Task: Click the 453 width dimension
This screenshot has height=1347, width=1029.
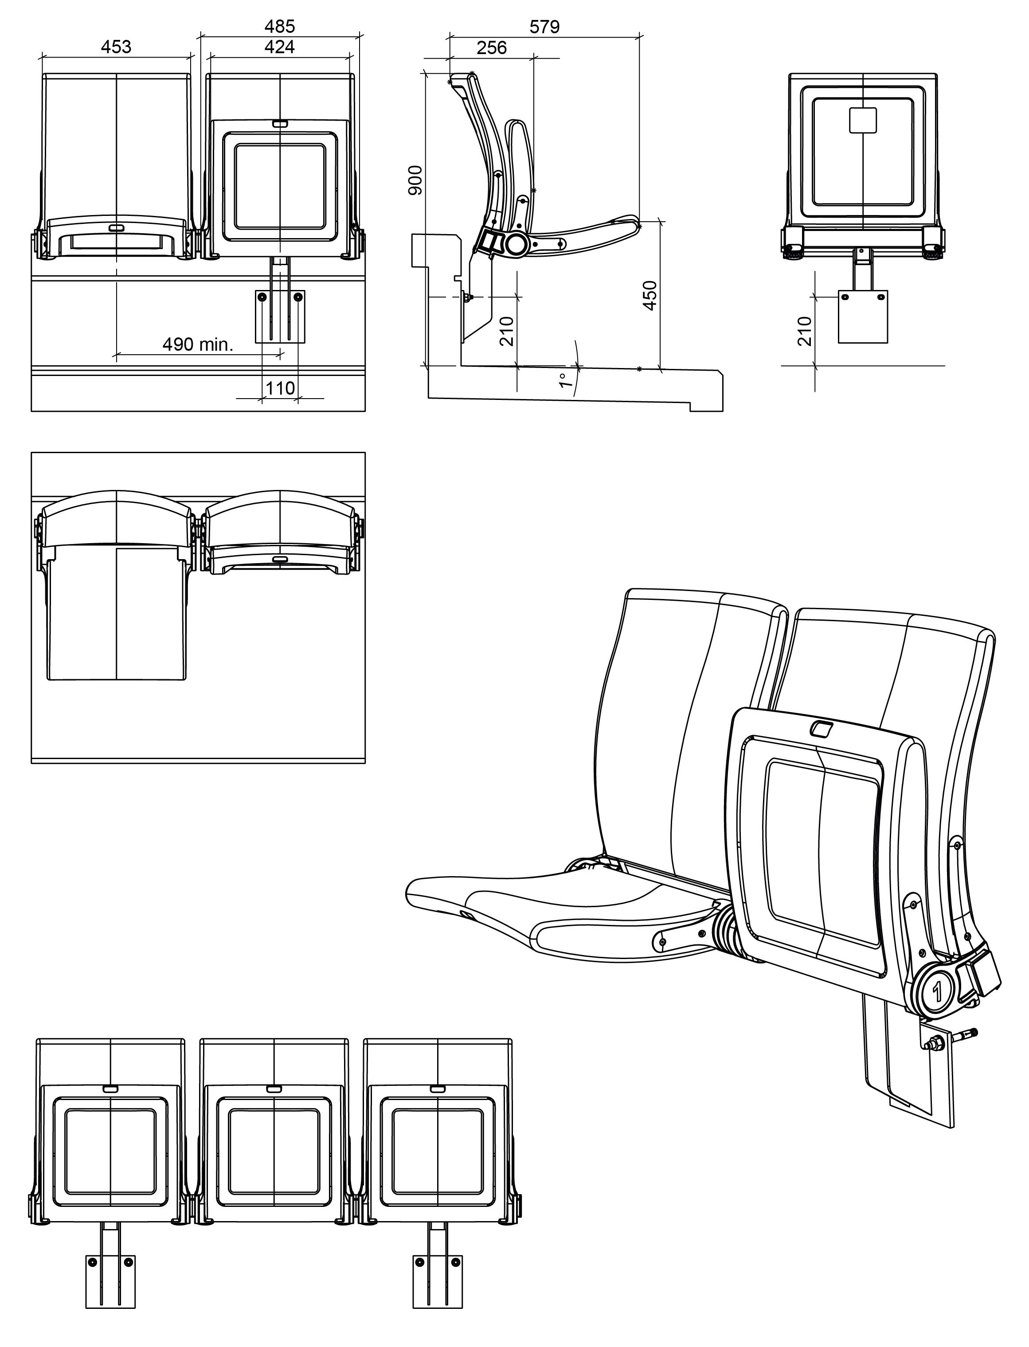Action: click(116, 47)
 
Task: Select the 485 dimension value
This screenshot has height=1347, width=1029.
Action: click(279, 26)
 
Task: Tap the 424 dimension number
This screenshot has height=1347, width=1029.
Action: click(279, 47)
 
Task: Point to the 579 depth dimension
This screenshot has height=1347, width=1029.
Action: click(544, 27)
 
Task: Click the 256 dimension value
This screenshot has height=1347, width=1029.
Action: click(491, 48)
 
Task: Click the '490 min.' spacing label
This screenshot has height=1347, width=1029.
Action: click(198, 344)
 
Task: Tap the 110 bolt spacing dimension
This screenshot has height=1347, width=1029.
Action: click(280, 388)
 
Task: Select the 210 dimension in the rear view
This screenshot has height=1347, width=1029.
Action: click(805, 331)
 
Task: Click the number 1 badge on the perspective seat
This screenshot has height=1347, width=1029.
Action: click(937, 991)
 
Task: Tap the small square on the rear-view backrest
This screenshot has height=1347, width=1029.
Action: click(862, 120)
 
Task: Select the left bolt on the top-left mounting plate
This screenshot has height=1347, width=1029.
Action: click(262, 297)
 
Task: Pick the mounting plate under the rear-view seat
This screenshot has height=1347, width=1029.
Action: click(862, 317)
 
